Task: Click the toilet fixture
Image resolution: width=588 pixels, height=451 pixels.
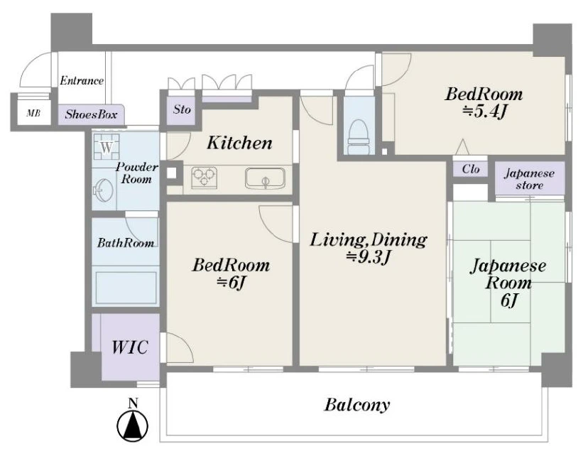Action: coord(359,137)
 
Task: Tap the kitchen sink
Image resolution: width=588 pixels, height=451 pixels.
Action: coord(265,178)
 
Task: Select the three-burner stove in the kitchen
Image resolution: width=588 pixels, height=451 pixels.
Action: coord(205,178)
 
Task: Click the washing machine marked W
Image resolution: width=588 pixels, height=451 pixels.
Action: coord(107,147)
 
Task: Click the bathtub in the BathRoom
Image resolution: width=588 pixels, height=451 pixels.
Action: coord(126,287)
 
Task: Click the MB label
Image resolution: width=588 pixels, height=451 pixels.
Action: coord(33,113)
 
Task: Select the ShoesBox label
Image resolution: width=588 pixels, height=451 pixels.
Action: coord(91,114)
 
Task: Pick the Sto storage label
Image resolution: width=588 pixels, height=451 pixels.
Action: coord(182,109)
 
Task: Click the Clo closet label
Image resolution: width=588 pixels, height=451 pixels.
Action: coord(471,169)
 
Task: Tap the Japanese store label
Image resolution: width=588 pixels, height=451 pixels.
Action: coord(529,179)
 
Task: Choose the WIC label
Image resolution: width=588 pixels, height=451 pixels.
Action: coord(130,347)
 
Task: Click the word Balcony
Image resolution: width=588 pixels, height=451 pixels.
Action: coord(357,405)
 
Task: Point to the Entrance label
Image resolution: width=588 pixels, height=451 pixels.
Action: coord(82,80)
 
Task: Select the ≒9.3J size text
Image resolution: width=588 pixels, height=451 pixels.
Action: coord(369,257)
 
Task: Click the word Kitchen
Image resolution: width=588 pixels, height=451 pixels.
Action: coord(239,143)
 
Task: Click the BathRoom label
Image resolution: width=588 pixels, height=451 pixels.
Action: coord(126,243)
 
